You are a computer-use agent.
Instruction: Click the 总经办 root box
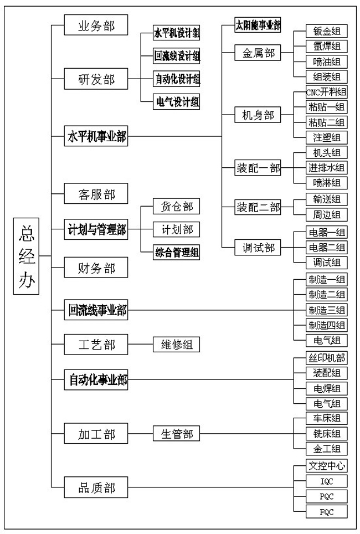(26, 256)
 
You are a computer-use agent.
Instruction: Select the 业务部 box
(96, 25)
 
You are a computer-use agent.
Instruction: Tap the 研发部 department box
(96, 79)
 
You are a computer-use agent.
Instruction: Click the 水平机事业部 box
(96, 136)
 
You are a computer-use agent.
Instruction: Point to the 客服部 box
(96, 193)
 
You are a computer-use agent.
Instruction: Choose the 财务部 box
(96, 268)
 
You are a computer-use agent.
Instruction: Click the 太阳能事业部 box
(258, 25)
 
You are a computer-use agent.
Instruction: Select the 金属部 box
(258, 53)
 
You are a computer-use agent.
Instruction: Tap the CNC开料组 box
(327, 92)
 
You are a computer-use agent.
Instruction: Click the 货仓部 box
(177, 207)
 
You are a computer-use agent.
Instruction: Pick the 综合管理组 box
(177, 253)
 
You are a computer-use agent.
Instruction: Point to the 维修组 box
(177, 345)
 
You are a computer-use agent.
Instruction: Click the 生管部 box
(177, 434)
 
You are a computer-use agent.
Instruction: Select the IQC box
(327, 481)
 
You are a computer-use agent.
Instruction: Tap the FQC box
(327, 511)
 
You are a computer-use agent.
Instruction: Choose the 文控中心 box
(327, 465)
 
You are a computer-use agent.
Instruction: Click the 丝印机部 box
(327, 358)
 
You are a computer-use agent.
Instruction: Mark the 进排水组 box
(327, 167)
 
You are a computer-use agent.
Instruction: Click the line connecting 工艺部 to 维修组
(140, 345)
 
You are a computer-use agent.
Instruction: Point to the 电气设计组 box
(177, 101)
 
